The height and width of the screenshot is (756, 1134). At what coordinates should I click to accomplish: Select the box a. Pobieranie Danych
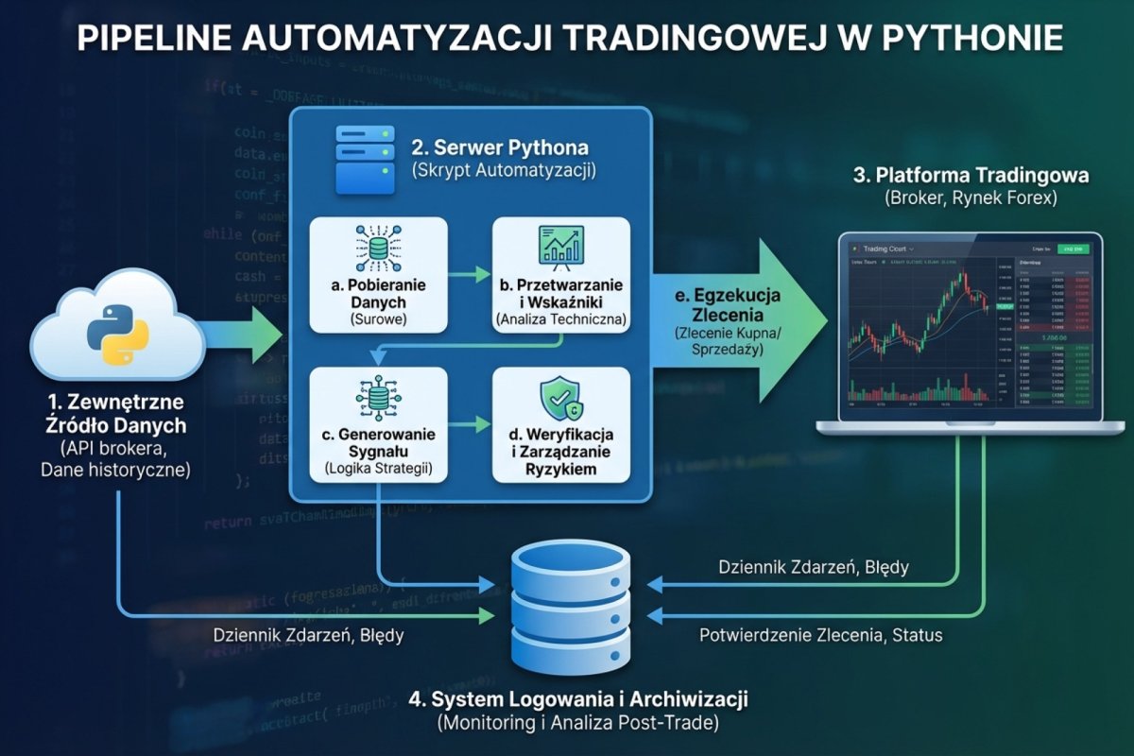click(x=378, y=274)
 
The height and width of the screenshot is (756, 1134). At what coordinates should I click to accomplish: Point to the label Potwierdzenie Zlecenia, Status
click(x=820, y=635)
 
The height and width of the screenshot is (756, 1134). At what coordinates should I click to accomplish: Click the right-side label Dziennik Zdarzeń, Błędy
click(x=813, y=568)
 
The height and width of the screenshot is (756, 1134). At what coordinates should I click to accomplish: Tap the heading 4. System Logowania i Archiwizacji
click(x=578, y=700)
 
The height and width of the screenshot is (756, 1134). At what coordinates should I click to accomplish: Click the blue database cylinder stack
click(x=570, y=606)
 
